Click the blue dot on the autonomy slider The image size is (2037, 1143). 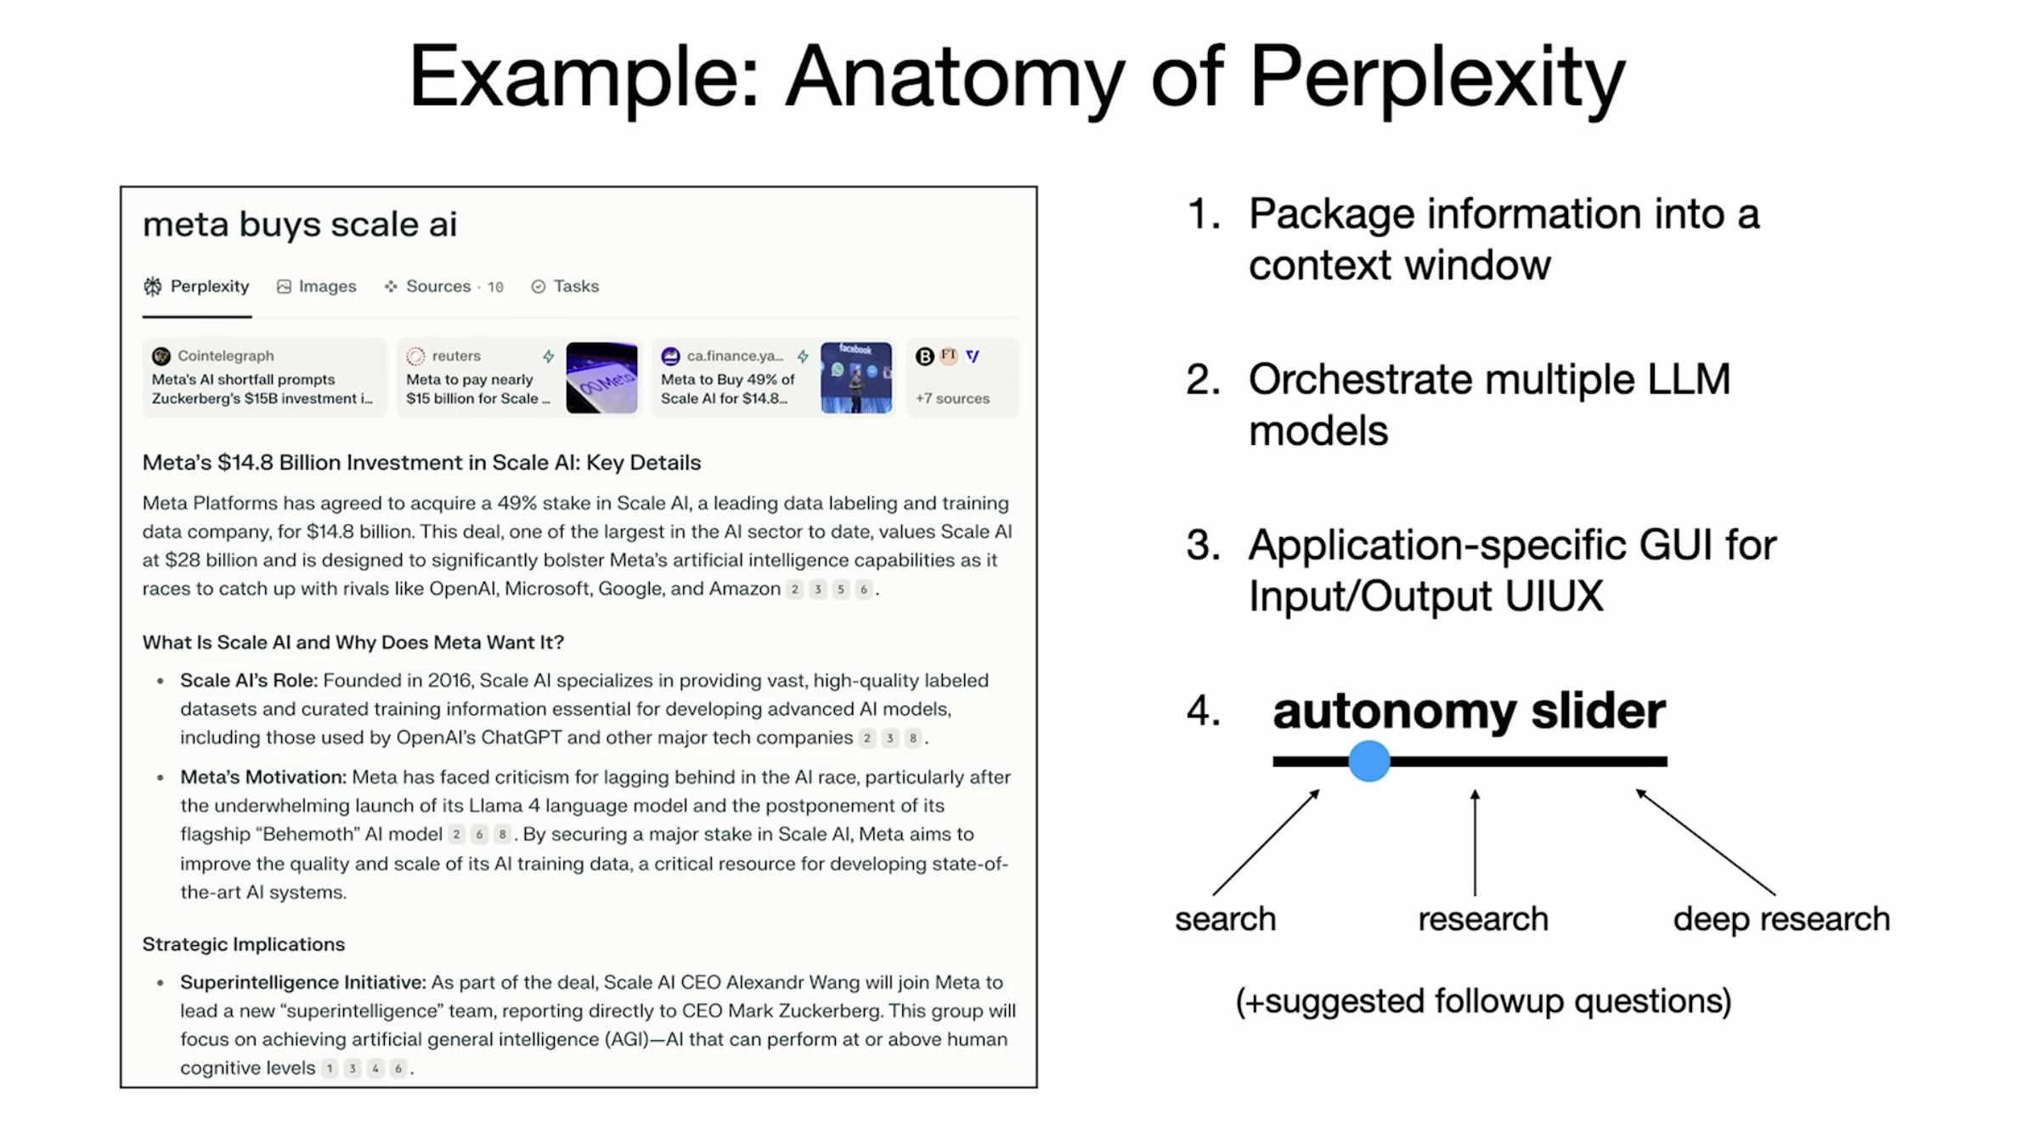1368,761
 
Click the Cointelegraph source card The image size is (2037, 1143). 264,378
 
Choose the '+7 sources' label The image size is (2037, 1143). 952,398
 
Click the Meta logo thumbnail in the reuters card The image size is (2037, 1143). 601,378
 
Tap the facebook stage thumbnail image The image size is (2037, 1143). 856,378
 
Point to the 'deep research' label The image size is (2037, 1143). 1781,920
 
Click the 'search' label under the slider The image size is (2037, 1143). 1225,920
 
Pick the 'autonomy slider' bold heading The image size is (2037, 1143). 1469,711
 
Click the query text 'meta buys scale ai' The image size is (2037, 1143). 300,225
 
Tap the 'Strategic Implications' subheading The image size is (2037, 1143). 244,944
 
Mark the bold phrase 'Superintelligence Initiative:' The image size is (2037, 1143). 302,983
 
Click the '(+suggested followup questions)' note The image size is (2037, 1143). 1483,1001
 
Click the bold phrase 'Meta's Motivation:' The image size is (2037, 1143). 262,777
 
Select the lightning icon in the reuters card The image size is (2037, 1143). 549,357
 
